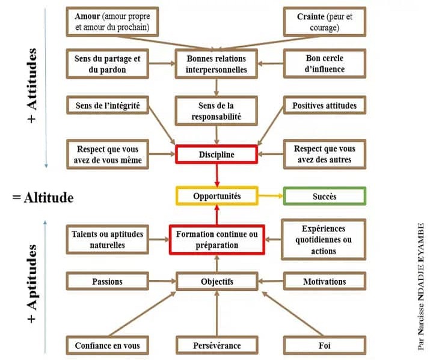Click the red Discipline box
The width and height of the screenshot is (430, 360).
tap(217, 154)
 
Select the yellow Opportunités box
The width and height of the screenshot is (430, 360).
tap(217, 197)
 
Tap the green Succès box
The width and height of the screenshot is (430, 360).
tap(324, 197)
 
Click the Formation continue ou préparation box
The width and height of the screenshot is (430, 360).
tap(217, 239)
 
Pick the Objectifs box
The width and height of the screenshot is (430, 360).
tap(217, 281)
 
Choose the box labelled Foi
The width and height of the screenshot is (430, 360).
tap(324, 346)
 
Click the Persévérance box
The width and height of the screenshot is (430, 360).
tap(217, 346)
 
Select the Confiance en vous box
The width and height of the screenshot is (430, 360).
tap(108, 346)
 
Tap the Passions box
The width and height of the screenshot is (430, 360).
tap(108, 281)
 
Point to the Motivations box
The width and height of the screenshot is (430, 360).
tap(324, 281)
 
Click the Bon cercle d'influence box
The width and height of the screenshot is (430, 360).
tap(324, 64)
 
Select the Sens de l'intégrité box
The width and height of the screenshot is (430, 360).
tap(108, 106)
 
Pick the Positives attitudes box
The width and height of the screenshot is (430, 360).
tap(324, 106)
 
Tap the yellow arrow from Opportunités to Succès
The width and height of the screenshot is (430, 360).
tap(270, 197)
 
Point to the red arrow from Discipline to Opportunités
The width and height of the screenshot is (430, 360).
tap(217, 175)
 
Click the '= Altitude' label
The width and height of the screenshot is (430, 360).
tap(43, 197)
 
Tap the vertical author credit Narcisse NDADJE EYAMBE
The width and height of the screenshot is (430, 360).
tap(420, 286)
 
